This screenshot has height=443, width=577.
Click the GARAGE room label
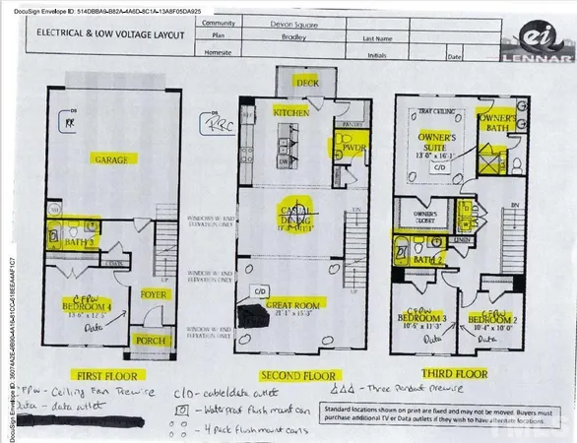pos(112,158)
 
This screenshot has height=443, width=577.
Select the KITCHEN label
pos(292,114)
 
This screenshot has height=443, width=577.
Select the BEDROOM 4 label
pos(96,304)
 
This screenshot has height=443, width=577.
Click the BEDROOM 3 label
pos(424,319)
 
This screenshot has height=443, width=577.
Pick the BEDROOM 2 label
pos(489,319)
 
